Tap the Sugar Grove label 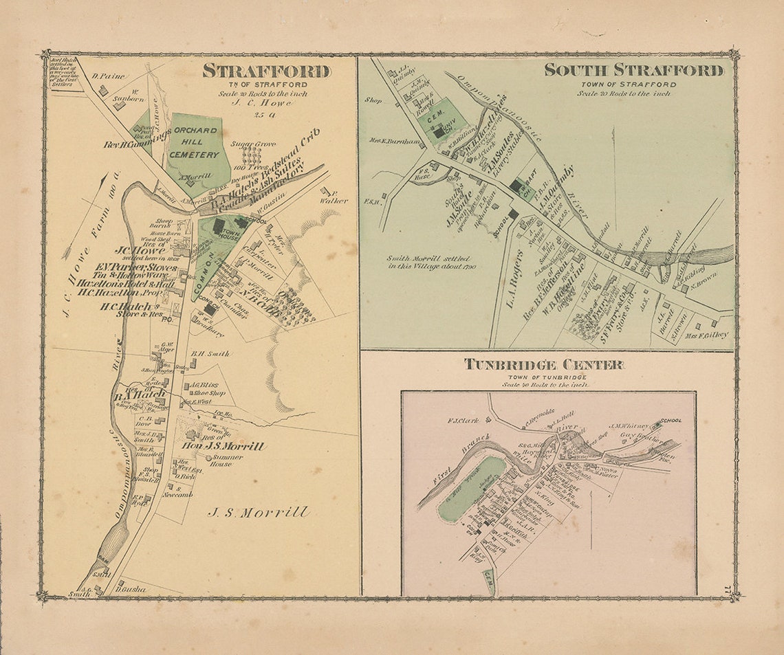coord(253,144)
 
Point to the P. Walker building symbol coord(324,190)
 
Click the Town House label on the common coord(225,233)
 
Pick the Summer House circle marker coord(207,457)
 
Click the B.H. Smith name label coord(210,354)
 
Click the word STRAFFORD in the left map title coord(266,71)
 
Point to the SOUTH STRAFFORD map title coord(633,70)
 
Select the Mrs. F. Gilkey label coord(706,335)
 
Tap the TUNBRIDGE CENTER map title coord(543,364)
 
